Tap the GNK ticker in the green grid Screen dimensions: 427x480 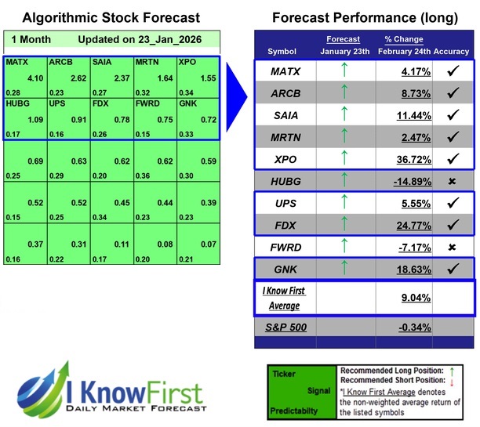[x=188, y=103]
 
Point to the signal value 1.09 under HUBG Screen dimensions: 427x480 [x=35, y=121]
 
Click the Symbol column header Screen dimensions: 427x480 [x=282, y=51]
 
